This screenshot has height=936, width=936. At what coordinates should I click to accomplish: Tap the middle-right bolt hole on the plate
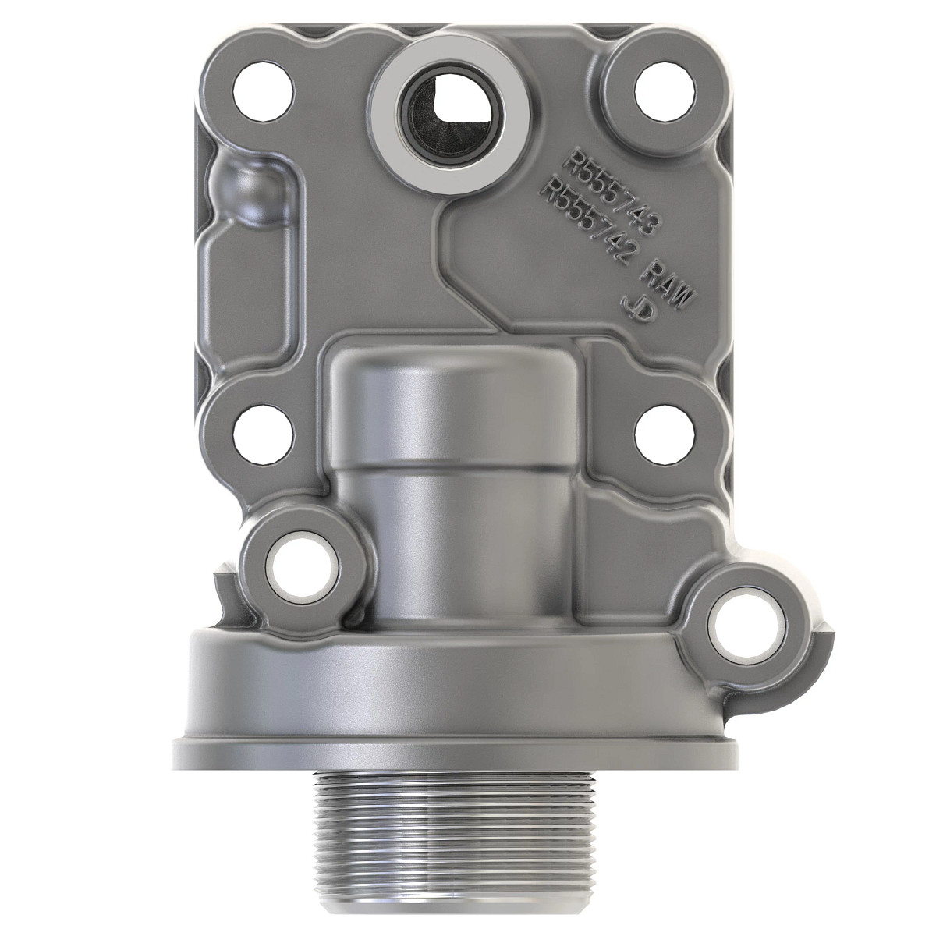[x=665, y=434]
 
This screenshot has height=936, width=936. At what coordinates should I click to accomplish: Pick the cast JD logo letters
[x=636, y=309]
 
